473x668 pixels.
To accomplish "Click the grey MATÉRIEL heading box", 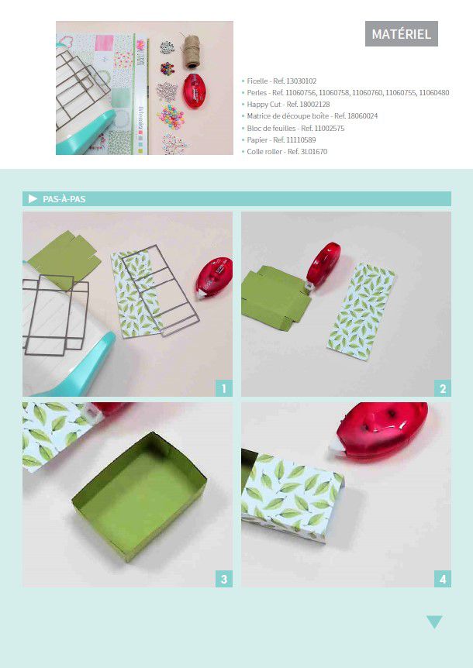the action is click(x=402, y=33).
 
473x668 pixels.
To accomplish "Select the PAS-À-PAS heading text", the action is click(x=64, y=199).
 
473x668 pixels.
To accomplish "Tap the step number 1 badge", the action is click(x=224, y=388).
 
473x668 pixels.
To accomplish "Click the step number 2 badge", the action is click(x=443, y=388).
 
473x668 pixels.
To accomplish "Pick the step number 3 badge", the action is click(x=224, y=579).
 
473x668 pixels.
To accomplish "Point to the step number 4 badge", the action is click(x=443, y=579).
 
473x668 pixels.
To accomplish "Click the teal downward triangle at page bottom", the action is click(x=434, y=622).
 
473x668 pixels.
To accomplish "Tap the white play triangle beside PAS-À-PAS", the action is click(x=33, y=199).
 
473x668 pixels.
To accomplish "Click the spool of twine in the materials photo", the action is click(x=192, y=52).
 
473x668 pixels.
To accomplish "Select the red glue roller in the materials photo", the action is click(x=195, y=91).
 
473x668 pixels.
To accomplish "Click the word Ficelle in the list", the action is click(x=257, y=81).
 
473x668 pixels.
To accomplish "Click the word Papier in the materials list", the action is click(x=257, y=139).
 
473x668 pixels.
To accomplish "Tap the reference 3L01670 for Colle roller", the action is click(x=313, y=151).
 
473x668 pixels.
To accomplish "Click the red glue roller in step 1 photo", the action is click(x=213, y=277).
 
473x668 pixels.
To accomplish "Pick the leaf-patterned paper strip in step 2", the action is click(x=361, y=312).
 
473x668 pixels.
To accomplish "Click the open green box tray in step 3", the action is click(x=140, y=496).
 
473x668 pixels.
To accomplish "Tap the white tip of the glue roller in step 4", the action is click(x=337, y=448).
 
